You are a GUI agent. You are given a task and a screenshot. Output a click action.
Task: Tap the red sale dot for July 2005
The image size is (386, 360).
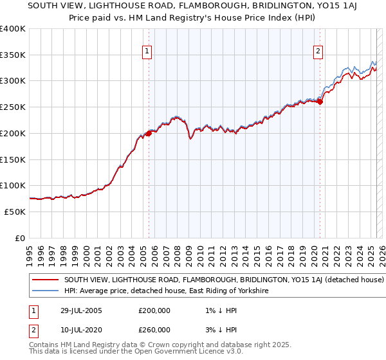[x=149, y=133]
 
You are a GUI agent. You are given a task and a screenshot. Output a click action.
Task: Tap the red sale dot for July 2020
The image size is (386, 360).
[x=320, y=101]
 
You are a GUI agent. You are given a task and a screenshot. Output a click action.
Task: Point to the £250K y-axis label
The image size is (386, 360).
[x=14, y=107]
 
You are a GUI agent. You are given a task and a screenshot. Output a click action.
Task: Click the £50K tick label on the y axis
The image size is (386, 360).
[x=15, y=212]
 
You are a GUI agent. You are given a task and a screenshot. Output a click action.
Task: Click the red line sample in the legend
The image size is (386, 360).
[x=45, y=280]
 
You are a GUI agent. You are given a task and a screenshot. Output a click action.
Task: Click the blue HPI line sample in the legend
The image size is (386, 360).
[x=45, y=291]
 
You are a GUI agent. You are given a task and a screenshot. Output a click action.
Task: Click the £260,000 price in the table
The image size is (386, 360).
[x=154, y=330]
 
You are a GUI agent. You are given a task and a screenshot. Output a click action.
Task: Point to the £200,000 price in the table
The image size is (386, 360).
[x=154, y=311]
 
